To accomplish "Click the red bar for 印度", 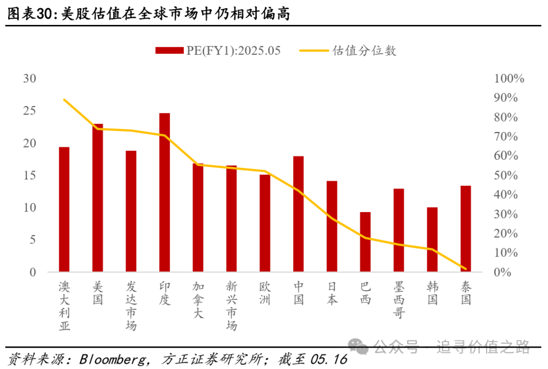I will tap(164, 193).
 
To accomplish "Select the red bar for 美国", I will tap(97, 198).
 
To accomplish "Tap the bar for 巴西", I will tap(365, 242).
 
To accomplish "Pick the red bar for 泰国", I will tap(466, 229).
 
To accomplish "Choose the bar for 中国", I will tap(298, 214).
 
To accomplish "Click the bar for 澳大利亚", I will tap(64, 210).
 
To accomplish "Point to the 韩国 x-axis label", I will tap(432, 293).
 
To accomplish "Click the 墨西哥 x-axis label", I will tap(399, 300).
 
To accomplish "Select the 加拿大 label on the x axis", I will tap(198, 300).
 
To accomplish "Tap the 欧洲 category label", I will tap(265, 293).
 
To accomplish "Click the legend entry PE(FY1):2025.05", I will tap(218, 50).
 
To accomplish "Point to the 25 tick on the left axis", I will tap(30, 111).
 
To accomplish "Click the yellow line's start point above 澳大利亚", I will tap(64, 99).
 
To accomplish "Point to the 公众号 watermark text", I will tap(396, 347).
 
